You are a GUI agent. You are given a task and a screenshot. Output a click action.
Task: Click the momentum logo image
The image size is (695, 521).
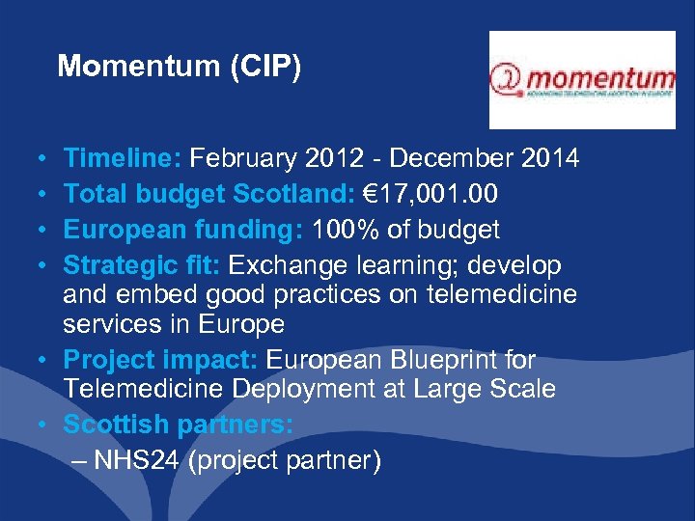point(582,80)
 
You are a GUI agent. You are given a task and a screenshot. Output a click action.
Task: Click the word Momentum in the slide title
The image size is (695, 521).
point(126,66)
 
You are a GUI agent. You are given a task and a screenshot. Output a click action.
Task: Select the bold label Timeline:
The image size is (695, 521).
point(123,158)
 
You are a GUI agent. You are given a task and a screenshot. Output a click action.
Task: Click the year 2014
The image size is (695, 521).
point(545,158)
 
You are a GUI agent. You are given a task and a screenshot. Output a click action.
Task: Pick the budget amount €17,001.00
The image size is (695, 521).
point(425,194)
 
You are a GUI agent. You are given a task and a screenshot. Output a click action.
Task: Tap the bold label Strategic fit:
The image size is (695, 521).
point(142,264)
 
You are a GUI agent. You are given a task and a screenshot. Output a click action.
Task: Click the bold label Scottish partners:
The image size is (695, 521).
point(179,425)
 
